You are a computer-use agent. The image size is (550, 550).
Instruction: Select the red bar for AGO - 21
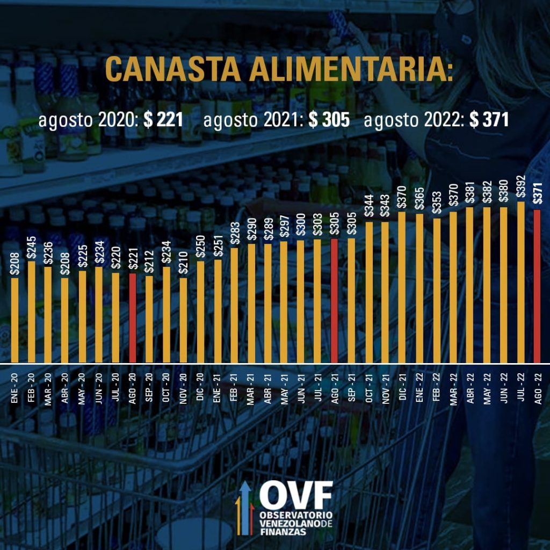click(x=334, y=301)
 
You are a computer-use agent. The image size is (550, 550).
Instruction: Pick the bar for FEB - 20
click(x=31, y=312)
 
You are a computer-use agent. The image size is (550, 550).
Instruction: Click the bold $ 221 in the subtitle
click(x=163, y=120)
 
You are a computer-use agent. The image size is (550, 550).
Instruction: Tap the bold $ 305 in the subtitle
click(x=329, y=120)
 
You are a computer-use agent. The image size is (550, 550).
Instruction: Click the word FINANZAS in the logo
click(x=281, y=531)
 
